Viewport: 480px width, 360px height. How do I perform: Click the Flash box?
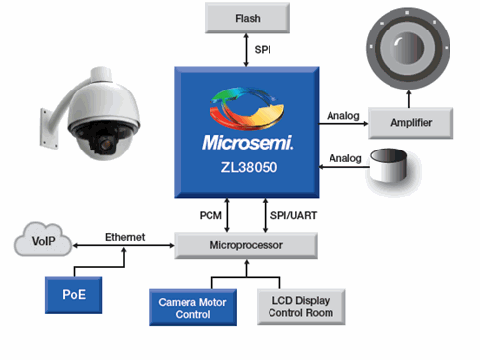[247, 18]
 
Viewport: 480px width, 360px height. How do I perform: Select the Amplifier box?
[411, 123]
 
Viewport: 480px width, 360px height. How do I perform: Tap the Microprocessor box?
[246, 246]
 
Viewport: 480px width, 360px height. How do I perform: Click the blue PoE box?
[74, 295]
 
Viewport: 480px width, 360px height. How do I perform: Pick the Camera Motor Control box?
[193, 308]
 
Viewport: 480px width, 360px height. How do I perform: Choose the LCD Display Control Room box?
[301, 307]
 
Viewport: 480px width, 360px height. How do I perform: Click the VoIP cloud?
[42, 240]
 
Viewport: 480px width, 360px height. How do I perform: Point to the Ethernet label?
[125, 237]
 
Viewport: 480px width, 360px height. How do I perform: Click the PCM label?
[210, 215]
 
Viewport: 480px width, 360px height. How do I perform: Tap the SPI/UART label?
[293, 215]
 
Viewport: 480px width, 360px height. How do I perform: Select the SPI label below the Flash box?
[263, 50]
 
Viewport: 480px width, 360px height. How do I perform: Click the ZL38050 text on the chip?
[249, 167]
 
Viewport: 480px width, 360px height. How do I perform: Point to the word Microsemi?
[247, 143]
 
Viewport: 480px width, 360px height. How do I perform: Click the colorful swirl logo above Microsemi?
[247, 108]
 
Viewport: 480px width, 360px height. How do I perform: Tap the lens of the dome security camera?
[105, 143]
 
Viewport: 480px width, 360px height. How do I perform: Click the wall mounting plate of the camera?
[46, 128]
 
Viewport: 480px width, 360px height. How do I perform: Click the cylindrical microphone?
[389, 165]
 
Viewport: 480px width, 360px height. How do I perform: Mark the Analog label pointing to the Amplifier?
[343, 116]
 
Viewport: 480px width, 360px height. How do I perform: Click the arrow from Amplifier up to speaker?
[409, 99]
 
